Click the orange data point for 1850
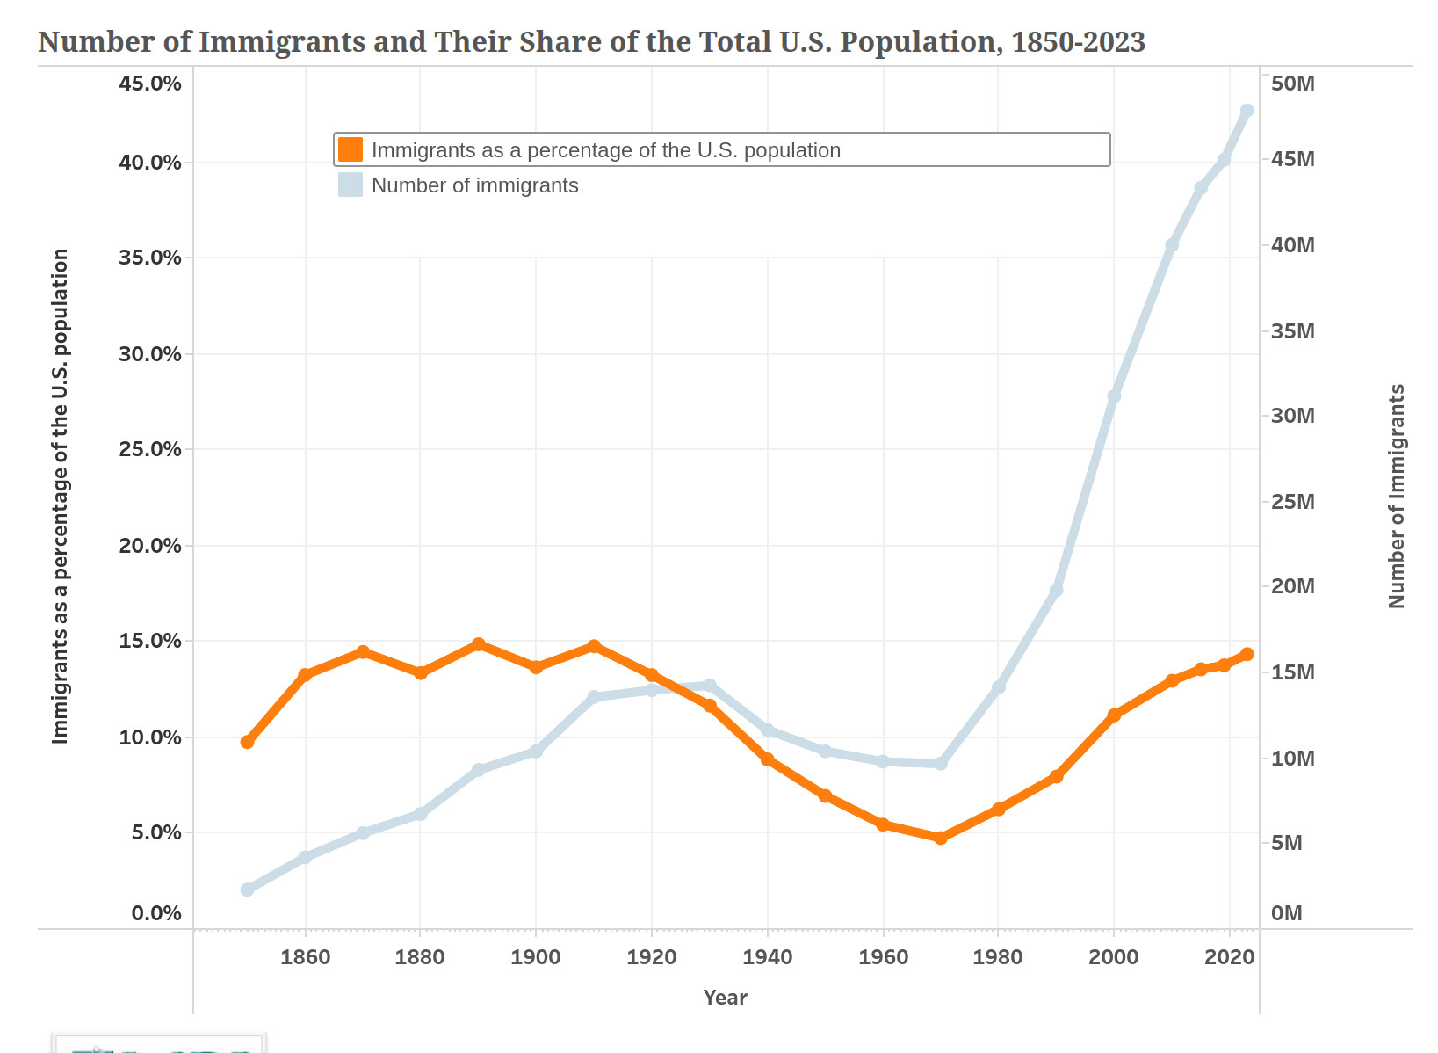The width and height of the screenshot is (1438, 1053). tap(247, 742)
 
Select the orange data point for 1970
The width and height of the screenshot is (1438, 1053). tap(941, 838)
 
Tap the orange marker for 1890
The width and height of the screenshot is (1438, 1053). tap(478, 644)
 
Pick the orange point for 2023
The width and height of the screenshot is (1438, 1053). tap(1247, 654)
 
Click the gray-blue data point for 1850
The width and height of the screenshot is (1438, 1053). tap(247, 890)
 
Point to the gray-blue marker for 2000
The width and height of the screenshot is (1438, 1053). tap(1114, 396)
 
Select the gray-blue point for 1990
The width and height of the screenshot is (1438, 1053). tap(1056, 590)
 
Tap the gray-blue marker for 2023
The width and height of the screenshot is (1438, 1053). tap(1247, 110)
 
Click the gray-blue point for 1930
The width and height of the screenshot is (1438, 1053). tap(710, 685)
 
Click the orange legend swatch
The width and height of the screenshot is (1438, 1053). tap(350, 149)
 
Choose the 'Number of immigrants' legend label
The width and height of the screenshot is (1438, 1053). tap(474, 185)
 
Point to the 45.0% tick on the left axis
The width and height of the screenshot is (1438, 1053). tap(150, 84)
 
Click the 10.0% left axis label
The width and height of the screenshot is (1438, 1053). tap(150, 737)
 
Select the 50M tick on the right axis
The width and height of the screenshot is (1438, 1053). tap(1292, 84)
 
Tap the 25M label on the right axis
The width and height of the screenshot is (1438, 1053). tap(1292, 502)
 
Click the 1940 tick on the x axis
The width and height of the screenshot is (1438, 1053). tap(767, 957)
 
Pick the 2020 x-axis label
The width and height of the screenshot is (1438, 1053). tap(1229, 957)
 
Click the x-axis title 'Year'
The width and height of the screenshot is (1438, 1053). tap(725, 998)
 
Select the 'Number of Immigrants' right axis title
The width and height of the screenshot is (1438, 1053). tap(1397, 496)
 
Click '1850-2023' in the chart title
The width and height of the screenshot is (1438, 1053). tap(1078, 42)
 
